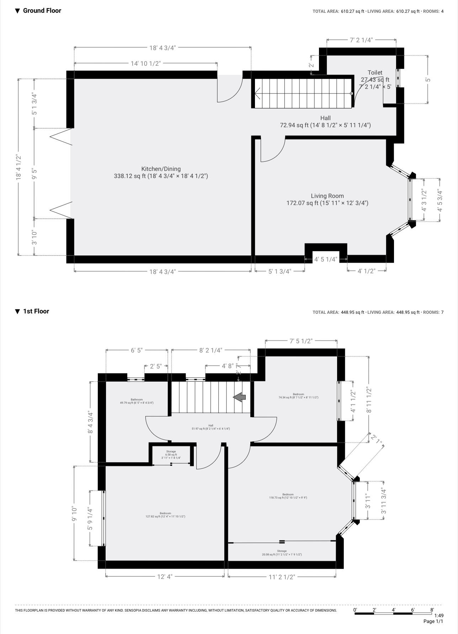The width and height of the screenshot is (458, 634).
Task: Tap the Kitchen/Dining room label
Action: point(161,169)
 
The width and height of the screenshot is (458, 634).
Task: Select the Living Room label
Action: point(327,196)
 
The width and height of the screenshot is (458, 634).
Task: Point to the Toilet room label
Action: point(375,72)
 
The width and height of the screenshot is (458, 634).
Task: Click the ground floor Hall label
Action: point(325,118)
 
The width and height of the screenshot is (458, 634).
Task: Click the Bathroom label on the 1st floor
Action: point(137,399)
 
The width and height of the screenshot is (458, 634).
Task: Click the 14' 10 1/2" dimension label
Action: point(146,64)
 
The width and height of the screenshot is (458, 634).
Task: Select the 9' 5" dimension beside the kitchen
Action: point(34,173)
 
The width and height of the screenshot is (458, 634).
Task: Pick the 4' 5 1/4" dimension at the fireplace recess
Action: point(325,259)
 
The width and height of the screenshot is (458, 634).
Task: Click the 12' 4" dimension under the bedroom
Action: point(165,576)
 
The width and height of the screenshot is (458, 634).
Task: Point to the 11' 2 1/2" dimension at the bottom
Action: point(282,577)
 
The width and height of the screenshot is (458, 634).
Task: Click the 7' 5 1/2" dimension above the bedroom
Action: point(301,341)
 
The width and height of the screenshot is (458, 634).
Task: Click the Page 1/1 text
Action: point(433,621)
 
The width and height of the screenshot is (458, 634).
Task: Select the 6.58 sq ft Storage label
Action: point(171,455)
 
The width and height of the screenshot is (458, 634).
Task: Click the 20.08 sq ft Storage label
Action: point(282,553)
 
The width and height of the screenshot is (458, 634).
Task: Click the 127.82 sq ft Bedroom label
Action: point(165,515)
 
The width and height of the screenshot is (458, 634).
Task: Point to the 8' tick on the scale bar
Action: point(432,610)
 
